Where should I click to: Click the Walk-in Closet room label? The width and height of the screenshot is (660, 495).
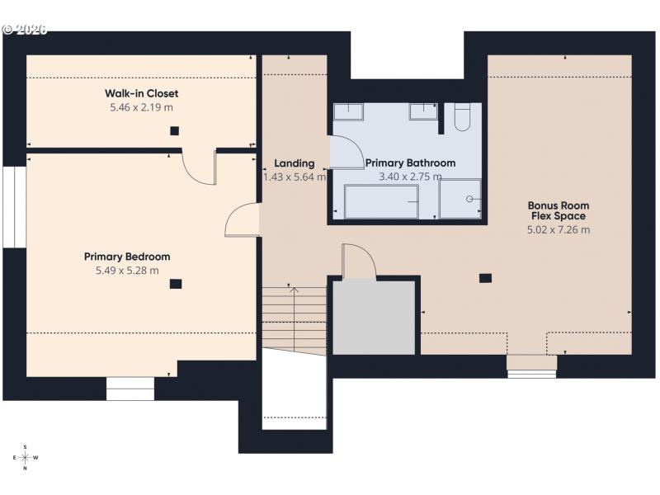tap(142, 93)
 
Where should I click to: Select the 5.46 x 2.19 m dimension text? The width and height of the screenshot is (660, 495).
tap(142, 107)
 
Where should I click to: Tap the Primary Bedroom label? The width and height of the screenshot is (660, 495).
tap(127, 257)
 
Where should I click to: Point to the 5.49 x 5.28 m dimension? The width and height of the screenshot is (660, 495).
tap(127, 270)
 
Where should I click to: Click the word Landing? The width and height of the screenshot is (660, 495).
tap(295, 163)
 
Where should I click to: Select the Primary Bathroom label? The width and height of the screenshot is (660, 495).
tap(410, 163)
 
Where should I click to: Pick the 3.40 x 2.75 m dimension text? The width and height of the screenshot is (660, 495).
tap(410, 177)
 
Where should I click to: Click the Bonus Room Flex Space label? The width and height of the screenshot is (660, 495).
tap(559, 210)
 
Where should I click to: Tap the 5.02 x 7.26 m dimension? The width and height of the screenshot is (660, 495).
tap(559, 230)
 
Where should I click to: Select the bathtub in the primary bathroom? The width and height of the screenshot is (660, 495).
tap(381, 201)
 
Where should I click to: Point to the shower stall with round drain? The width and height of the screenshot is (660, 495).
tap(460, 199)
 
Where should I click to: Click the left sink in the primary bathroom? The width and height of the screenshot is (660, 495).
tap(354, 111)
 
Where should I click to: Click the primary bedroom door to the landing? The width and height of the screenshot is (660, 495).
tap(242, 221)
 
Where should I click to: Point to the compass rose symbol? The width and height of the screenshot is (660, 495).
tap(25, 457)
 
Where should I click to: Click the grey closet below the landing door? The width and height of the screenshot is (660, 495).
tap(373, 318)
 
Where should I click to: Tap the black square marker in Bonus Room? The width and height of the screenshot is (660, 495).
tap(486, 278)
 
